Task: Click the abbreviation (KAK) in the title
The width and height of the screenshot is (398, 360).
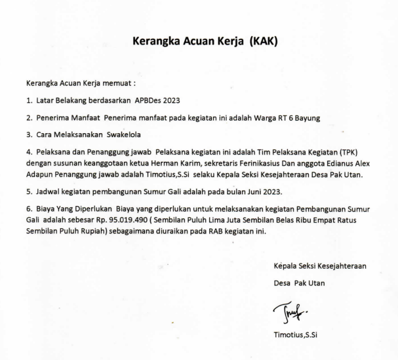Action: pyautogui.click(x=259, y=41)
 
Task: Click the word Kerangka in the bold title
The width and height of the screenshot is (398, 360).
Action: pyautogui.click(x=157, y=41)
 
